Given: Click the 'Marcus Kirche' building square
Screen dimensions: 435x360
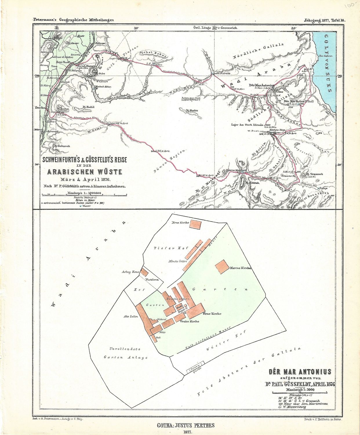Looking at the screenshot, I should (x=221, y=266).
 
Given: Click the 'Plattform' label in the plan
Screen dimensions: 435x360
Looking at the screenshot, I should (x=152, y=280).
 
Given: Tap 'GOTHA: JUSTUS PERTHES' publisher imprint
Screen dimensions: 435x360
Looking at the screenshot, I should (x=186, y=425).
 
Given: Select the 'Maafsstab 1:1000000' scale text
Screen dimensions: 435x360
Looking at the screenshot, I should (x=84, y=193).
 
